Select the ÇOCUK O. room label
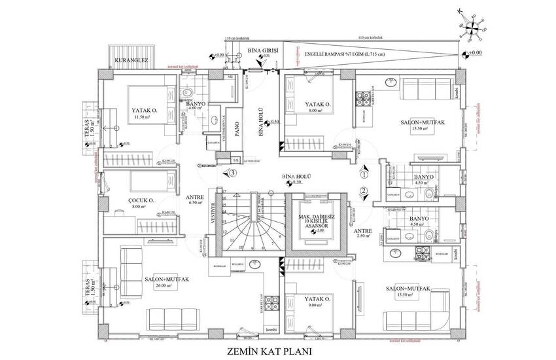[x=141, y=202]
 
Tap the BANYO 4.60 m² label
[x=196, y=107]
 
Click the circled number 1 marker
[x=364, y=175]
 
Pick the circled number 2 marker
[x=364, y=190]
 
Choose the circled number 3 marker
[x=232, y=173]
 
